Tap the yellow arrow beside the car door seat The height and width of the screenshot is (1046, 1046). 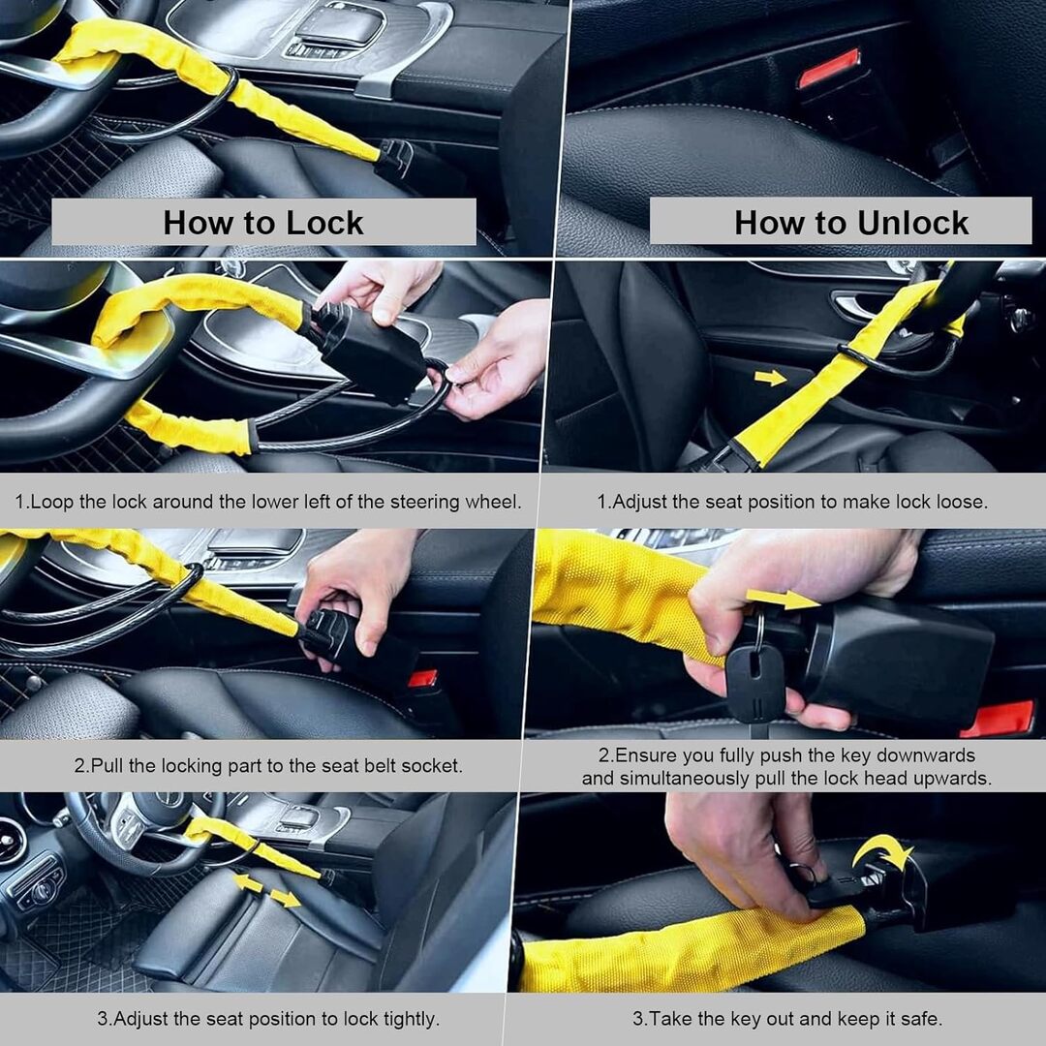click(x=770, y=379)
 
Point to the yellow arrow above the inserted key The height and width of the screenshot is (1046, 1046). click(x=783, y=600)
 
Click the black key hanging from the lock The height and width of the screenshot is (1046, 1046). click(x=755, y=687)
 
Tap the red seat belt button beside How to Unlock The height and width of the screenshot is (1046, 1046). click(x=828, y=68)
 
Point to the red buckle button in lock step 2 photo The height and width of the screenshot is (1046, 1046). click(x=423, y=678)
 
